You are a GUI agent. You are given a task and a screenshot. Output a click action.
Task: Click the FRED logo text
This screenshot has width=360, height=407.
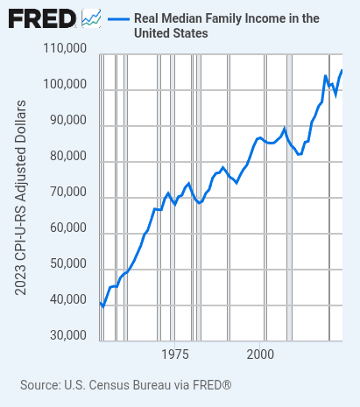42,18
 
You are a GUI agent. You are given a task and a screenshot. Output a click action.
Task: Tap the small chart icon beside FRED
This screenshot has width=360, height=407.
91,18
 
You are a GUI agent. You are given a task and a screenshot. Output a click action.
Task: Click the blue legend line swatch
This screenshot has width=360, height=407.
118,18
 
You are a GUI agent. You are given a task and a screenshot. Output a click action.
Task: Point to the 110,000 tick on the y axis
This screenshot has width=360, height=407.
64,49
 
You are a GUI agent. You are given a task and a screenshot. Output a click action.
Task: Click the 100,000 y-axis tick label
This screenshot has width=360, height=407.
64,85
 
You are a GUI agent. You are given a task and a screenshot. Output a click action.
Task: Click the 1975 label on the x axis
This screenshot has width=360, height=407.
175,354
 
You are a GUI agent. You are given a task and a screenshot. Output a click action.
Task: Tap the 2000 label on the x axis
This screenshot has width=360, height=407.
260,354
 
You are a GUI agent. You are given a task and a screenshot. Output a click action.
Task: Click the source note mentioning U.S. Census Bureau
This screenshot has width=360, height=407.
125,385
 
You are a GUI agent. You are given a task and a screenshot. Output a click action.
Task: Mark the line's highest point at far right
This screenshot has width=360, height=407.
342,70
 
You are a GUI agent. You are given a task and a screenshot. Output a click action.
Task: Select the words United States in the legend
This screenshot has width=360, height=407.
171,33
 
